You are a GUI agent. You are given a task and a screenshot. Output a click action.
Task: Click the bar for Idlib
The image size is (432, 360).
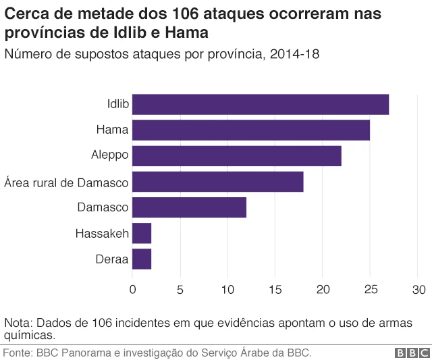point(260,105)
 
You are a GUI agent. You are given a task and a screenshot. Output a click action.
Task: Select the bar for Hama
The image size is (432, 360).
point(250,130)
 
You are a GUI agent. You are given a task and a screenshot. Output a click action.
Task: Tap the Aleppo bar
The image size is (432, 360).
point(236,156)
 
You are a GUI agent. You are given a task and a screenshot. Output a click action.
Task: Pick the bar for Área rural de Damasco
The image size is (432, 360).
point(217,182)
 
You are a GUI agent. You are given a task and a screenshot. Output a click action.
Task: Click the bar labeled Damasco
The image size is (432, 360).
point(189,207)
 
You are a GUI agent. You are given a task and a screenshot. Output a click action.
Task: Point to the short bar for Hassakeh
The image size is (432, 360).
point(142,233)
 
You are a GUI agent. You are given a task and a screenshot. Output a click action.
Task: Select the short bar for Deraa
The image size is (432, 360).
point(142,259)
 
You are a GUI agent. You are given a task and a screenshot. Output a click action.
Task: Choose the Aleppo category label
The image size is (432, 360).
point(109,156)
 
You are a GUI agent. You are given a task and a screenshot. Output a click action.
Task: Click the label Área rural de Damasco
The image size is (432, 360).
point(66,182)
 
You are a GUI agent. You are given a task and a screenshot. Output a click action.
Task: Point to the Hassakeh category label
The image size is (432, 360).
point(102,234)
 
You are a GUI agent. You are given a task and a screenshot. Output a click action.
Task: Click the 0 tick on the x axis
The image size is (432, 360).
point(132,290)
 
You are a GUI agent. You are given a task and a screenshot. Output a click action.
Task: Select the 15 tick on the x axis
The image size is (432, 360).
point(275,290)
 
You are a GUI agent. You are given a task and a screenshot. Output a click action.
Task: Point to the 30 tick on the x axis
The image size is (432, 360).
point(418,290)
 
